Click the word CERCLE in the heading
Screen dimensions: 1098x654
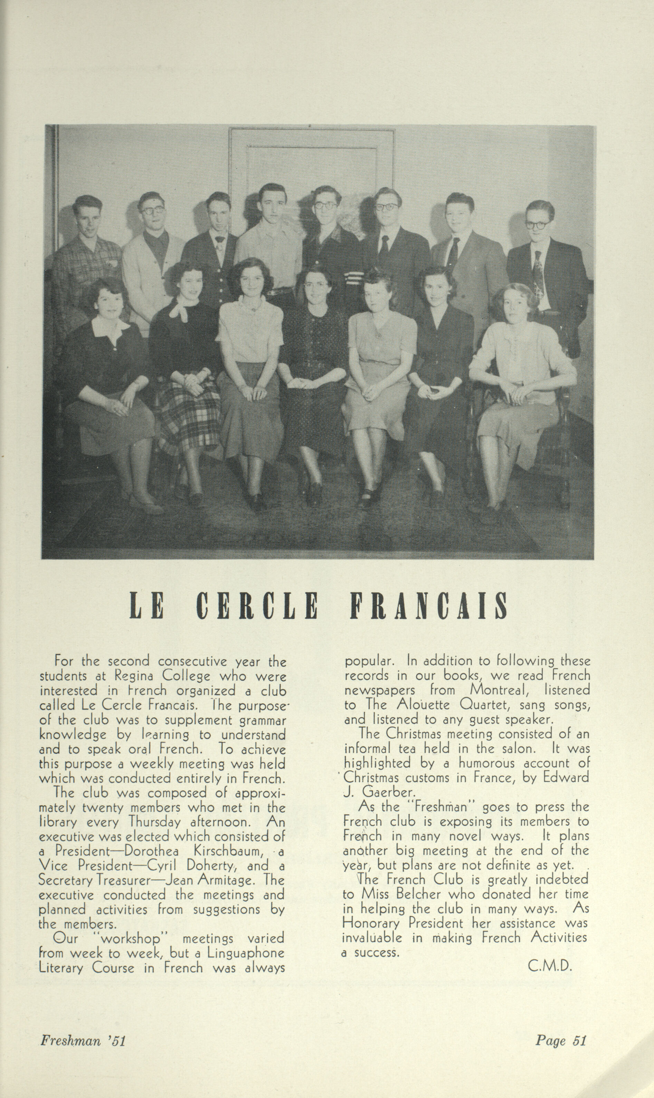(257, 606)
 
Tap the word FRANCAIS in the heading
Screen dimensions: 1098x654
(429, 606)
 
